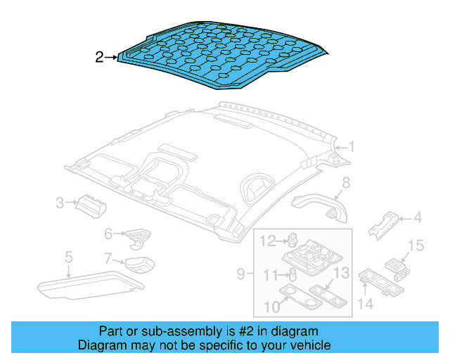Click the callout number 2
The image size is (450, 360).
(x=99, y=57)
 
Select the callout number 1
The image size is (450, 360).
(x=352, y=147)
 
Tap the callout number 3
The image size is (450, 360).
(x=61, y=204)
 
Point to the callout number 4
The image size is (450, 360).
(x=417, y=218)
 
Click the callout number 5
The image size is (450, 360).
(x=68, y=257)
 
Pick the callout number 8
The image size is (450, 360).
(x=345, y=184)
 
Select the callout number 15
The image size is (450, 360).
(x=417, y=245)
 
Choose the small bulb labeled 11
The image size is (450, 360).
(x=291, y=275)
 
